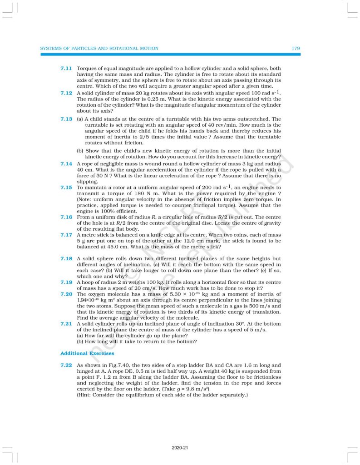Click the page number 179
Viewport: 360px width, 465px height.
[x=296, y=48]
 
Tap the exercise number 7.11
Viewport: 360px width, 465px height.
[x=66, y=68]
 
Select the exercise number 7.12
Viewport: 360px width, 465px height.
[x=66, y=93]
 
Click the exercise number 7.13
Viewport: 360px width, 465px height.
[x=66, y=119]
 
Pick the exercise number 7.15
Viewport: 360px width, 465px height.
[x=66, y=188]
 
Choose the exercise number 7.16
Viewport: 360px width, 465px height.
[x=66, y=217]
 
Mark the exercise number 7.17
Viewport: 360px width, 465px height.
[x=66, y=235]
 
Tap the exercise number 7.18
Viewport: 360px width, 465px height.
[x=66, y=258]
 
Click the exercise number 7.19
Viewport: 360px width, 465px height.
[x=66, y=282]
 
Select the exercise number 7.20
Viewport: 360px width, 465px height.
[x=66, y=294]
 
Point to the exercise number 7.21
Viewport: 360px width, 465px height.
[x=66, y=323]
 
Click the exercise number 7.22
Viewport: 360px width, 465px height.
[x=66, y=365]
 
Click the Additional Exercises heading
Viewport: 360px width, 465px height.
[x=87, y=353]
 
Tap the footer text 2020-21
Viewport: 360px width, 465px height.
[x=180, y=448]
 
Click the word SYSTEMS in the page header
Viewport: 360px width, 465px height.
[x=50, y=48]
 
